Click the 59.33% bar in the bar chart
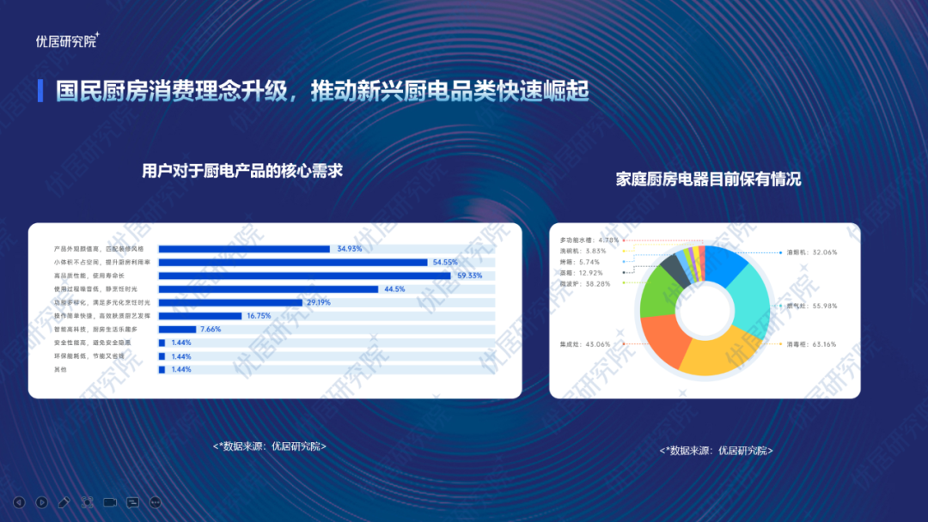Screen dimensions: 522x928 coord(305,276)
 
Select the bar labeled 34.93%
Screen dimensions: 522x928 coord(244,249)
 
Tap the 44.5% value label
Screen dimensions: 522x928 coord(394,289)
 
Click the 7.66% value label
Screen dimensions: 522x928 coord(211,329)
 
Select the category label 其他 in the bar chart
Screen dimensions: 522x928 coord(59,369)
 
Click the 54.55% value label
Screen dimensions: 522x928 coord(444,262)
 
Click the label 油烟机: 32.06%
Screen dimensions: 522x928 coord(811,252)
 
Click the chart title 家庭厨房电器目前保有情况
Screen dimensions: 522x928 coord(708,179)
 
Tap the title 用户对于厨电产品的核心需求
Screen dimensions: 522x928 coord(242,171)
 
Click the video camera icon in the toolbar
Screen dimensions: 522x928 coord(110,502)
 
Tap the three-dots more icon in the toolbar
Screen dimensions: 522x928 coord(156,502)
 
